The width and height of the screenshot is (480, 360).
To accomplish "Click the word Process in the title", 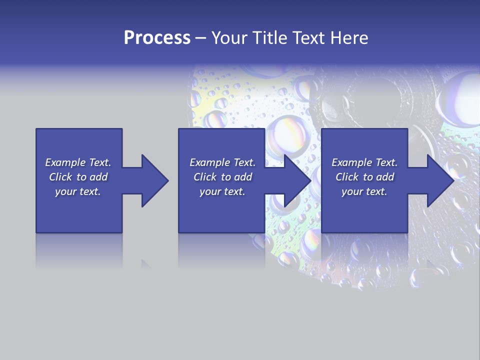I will point(157,38).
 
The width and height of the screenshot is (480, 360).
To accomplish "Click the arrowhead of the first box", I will point(154,180).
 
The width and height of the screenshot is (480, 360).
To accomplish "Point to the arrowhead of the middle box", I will point(297,180).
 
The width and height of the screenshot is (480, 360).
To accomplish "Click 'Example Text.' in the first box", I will point(78,162).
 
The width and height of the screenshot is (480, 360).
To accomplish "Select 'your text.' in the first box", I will point(78,191).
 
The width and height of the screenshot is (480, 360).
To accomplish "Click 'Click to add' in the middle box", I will point(222,177).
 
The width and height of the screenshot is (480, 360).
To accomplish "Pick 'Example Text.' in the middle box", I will point(222,162).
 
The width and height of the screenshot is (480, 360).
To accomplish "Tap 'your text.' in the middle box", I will point(222,191).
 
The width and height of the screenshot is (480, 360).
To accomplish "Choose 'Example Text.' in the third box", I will point(364,162).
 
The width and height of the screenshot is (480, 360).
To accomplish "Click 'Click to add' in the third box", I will point(364,177).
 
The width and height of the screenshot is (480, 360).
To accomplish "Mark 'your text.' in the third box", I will point(364,191).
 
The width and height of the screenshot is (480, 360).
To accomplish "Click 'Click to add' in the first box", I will point(78,177).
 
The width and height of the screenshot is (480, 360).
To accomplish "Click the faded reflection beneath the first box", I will point(79,250).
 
